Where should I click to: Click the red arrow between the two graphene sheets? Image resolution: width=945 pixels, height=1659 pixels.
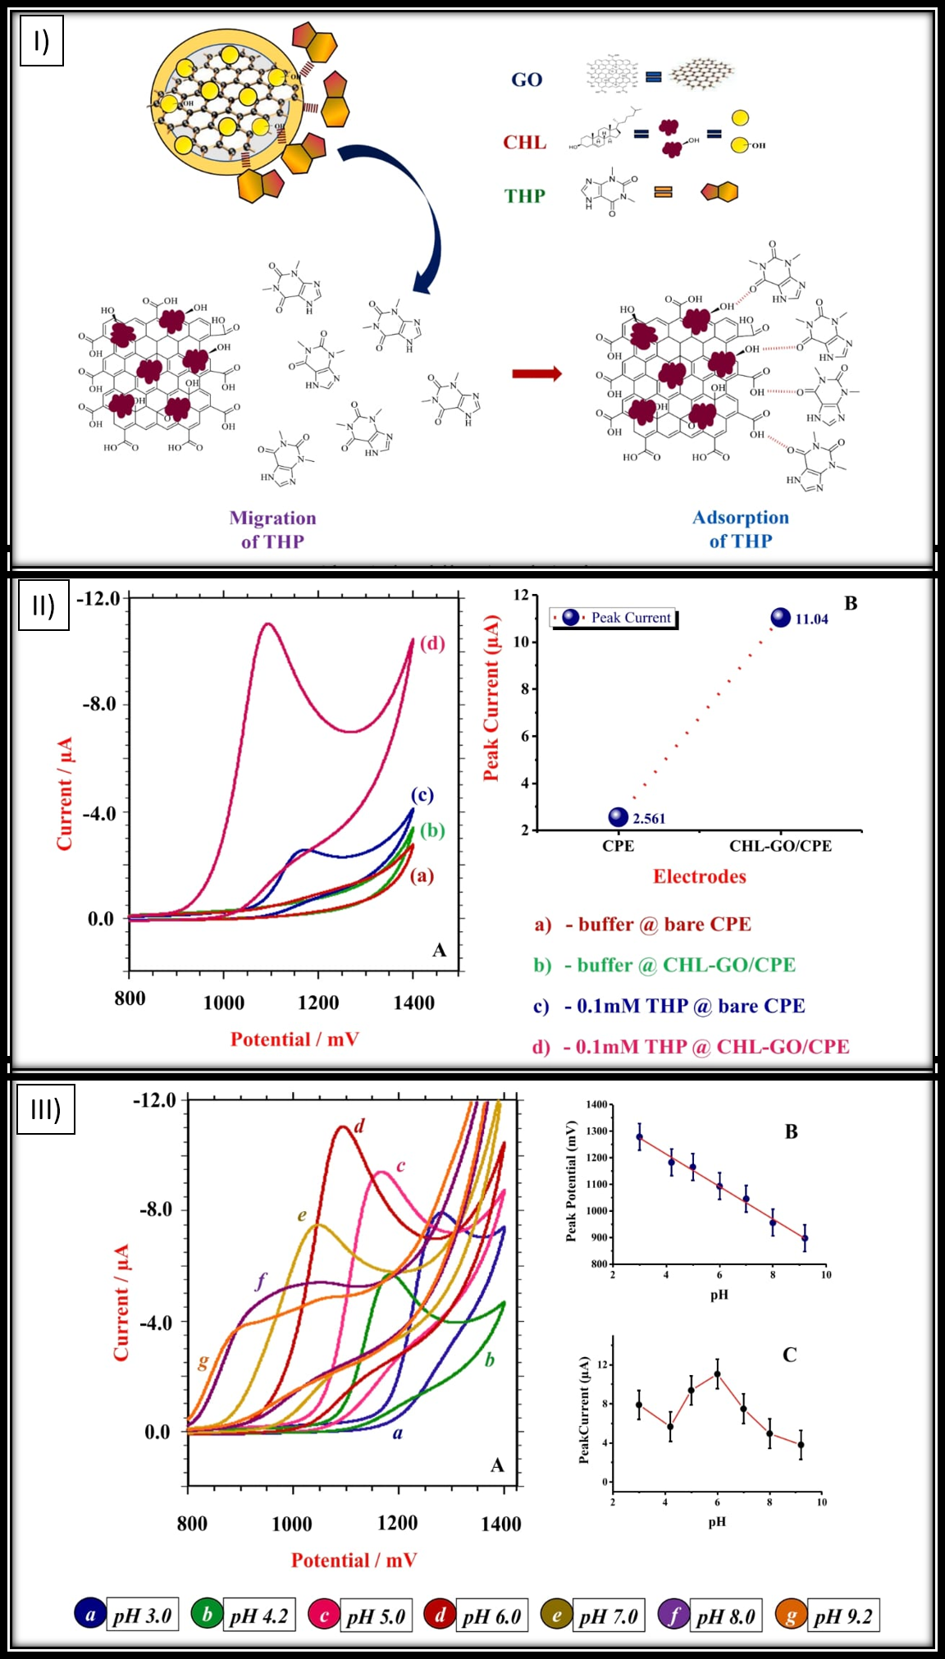(x=537, y=374)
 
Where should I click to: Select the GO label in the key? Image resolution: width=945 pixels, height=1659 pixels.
(x=527, y=80)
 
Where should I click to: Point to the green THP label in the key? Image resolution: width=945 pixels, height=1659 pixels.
(x=525, y=196)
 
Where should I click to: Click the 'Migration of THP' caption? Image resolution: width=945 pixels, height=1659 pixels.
(x=272, y=529)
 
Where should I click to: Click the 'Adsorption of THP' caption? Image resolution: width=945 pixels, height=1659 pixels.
(x=741, y=528)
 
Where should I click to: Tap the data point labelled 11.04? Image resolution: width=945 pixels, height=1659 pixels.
(x=781, y=618)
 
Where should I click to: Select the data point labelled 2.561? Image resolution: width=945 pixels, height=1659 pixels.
(x=619, y=816)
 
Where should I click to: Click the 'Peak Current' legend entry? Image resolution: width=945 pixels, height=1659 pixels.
(x=614, y=618)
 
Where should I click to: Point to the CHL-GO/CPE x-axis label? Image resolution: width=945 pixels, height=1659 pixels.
(x=780, y=846)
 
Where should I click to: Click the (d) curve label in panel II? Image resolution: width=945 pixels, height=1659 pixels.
(x=432, y=643)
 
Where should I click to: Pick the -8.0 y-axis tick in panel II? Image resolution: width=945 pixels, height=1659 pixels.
(x=99, y=704)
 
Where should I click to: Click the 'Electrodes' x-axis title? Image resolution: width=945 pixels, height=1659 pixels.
(x=700, y=876)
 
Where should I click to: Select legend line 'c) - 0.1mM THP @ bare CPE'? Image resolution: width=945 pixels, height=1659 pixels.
(x=669, y=1006)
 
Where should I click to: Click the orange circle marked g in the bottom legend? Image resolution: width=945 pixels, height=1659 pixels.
(x=791, y=1616)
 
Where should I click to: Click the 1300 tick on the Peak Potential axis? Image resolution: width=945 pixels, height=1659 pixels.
(x=597, y=1131)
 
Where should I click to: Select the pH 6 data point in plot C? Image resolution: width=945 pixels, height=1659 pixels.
(x=717, y=1373)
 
